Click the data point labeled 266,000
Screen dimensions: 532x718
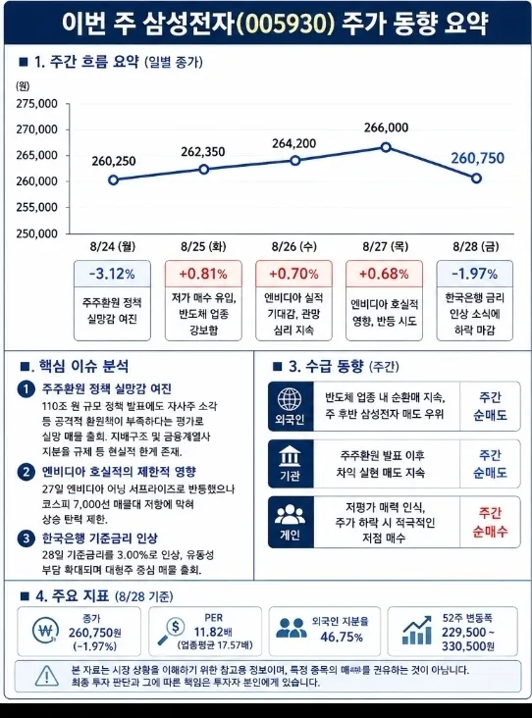click(x=386, y=147)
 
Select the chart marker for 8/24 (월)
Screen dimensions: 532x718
click(x=114, y=179)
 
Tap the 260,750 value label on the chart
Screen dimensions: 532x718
click(x=477, y=158)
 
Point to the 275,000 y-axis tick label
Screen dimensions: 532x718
click(x=37, y=104)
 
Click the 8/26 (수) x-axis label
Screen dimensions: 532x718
click(x=294, y=246)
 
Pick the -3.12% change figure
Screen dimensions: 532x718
click(x=112, y=274)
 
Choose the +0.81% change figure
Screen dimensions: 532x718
click(x=203, y=274)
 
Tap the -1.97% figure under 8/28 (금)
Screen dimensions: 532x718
click(x=475, y=274)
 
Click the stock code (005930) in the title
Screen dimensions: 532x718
click(x=286, y=23)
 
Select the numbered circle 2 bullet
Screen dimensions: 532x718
click(x=27, y=472)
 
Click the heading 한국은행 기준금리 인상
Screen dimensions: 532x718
click(x=100, y=538)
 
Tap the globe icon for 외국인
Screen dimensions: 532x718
click(x=290, y=399)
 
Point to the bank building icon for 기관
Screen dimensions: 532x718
click(x=290, y=456)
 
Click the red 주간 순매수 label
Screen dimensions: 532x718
click(x=491, y=522)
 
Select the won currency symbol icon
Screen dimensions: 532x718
click(x=46, y=631)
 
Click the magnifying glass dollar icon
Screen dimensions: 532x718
click(x=171, y=632)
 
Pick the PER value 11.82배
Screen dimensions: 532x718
click(x=213, y=633)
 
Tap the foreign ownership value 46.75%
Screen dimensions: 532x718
click(x=342, y=637)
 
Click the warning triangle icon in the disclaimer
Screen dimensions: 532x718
click(x=47, y=677)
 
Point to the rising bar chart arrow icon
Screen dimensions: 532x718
click(x=417, y=631)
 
